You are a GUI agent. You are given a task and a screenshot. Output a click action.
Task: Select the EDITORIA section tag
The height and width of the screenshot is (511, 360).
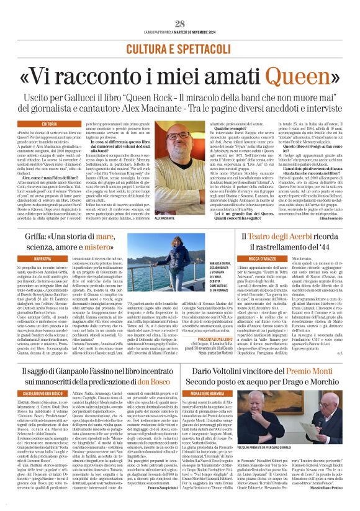click(50, 124)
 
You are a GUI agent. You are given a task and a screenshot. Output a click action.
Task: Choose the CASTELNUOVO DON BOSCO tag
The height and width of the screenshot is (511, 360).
click(43, 393)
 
